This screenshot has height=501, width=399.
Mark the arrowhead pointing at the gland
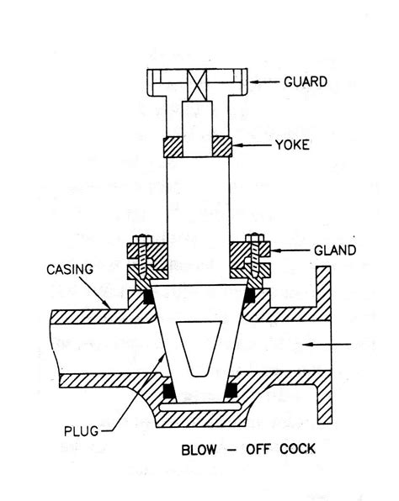(274, 250)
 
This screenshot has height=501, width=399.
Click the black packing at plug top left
(149, 297)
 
